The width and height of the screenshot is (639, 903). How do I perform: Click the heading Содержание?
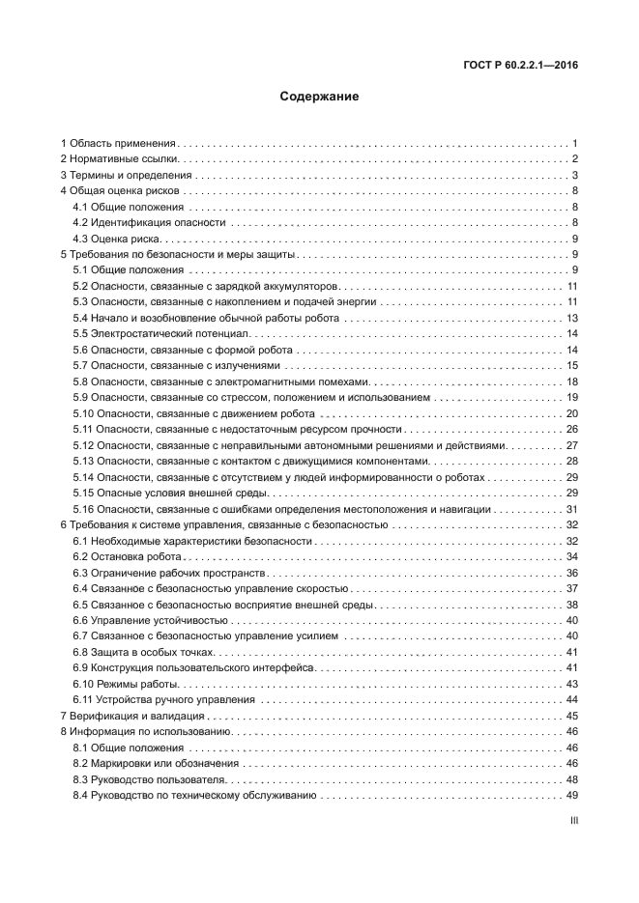click(x=319, y=97)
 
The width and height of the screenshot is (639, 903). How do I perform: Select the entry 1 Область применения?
click(x=117, y=143)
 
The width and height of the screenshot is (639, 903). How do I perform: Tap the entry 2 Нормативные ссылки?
click(x=119, y=159)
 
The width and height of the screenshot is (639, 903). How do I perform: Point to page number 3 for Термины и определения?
click(x=574, y=175)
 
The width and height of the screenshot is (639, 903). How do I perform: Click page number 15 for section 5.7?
click(x=571, y=365)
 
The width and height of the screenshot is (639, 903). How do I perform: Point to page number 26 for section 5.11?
click(x=571, y=429)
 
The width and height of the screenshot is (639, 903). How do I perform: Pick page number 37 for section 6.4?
click(x=571, y=588)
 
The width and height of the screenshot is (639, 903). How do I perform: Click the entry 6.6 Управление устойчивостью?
click(x=151, y=620)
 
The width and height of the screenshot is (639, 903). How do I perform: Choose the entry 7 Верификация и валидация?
click(x=132, y=716)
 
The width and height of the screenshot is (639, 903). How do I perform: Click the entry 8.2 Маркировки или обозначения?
click(x=157, y=763)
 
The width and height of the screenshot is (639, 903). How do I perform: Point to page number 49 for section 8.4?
click(x=571, y=795)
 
